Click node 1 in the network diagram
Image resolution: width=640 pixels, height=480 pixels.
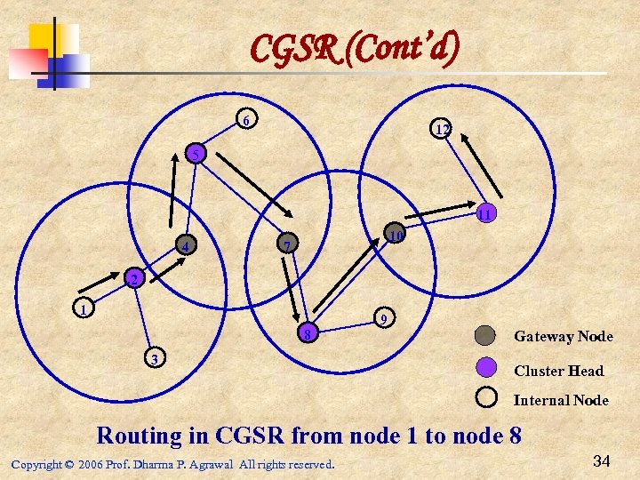(83, 310)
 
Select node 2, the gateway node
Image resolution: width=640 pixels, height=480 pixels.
(132, 279)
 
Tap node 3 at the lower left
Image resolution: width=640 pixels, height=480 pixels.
(155, 358)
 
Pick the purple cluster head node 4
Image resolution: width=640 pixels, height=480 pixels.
(185, 244)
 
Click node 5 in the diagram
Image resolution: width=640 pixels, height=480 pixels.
(195, 155)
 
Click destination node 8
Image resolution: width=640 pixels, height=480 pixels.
(306, 333)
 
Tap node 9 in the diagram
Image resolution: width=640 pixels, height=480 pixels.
(382, 317)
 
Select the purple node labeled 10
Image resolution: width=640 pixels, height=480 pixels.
(396, 235)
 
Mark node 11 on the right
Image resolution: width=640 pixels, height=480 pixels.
(486, 213)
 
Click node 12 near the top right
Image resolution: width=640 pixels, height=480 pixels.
(440, 129)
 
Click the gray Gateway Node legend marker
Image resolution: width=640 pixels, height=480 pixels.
(485, 336)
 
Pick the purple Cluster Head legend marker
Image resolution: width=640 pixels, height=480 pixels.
(485, 366)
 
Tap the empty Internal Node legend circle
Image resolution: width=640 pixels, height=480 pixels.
(485, 397)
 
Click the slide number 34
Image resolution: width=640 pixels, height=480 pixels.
(601, 460)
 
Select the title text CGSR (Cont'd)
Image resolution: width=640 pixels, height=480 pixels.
(355, 50)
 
